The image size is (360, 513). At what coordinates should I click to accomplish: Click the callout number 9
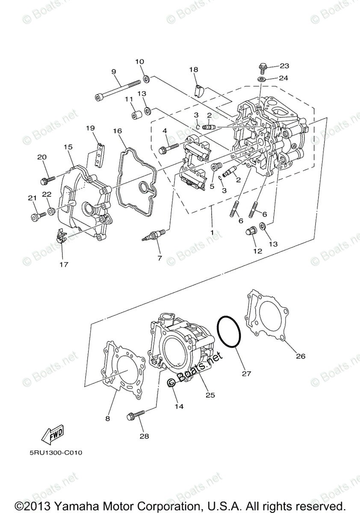(x=114, y=72)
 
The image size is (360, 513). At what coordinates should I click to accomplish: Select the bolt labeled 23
(x=263, y=68)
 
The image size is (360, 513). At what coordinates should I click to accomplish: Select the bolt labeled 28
(x=136, y=415)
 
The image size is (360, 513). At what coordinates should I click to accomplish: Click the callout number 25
(x=210, y=395)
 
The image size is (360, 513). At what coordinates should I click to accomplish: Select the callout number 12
(x=258, y=251)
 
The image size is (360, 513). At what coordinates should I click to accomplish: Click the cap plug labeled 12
(x=251, y=233)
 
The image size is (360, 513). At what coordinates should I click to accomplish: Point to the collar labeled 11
(x=136, y=115)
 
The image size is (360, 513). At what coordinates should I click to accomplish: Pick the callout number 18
(x=194, y=69)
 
